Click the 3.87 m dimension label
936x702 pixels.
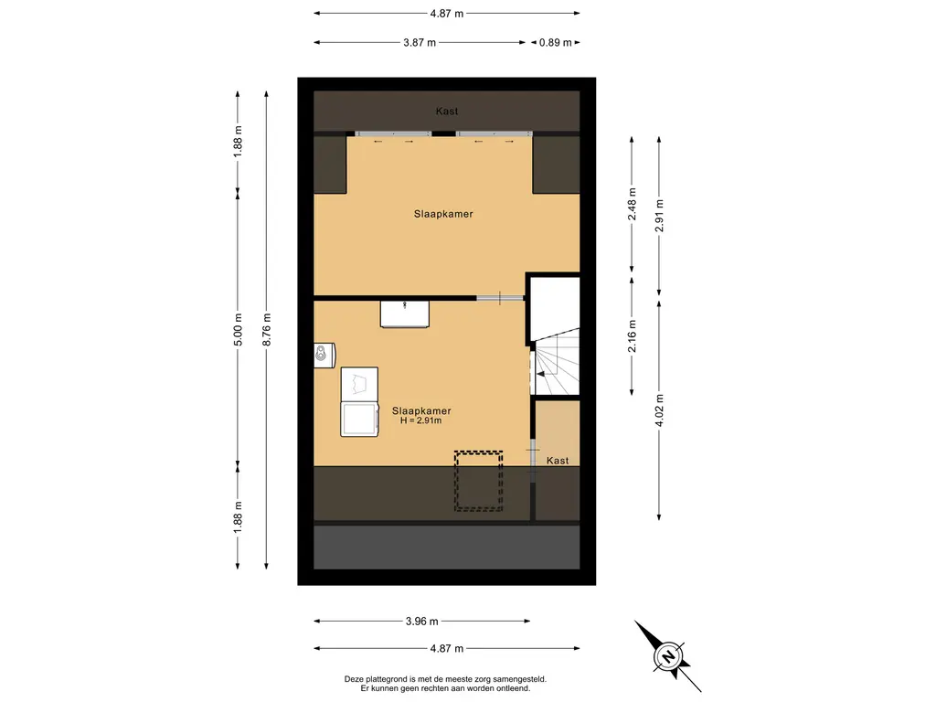(420, 42)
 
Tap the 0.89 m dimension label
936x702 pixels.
(555, 42)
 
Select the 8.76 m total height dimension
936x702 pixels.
(267, 329)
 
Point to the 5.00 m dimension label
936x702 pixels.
(239, 329)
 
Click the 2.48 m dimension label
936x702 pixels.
(633, 204)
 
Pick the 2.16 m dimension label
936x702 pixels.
(633, 336)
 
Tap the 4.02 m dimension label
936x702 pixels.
(660, 410)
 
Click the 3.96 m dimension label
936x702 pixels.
(422, 622)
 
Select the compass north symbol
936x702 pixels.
(668, 656)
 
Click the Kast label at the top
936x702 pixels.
(447, 111)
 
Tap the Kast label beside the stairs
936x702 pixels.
(558, 461)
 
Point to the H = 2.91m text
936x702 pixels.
(420, 420)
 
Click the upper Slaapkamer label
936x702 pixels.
(443, 214)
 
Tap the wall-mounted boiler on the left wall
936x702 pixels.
(324, 356)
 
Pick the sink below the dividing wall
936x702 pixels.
(405, 314)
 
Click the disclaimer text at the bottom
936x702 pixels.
(445, 684)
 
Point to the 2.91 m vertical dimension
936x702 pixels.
(660, 216)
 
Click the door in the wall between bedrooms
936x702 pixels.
(500, 298)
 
